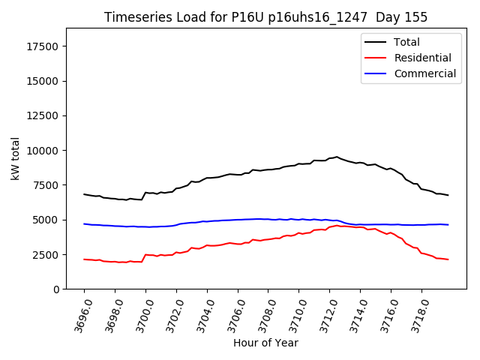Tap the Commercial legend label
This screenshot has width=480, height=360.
[x=424, y=73]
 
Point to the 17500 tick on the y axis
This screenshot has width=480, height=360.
[x=43, y=46]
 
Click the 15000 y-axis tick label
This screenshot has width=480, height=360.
[x=43, y=81]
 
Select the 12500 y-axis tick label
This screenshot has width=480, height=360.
[x=43, y=115]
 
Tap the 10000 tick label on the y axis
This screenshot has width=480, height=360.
[x=43, y=151]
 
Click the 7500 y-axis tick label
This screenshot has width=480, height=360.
[x=46, y=185]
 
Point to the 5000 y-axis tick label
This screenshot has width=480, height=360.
[x=46, y=220]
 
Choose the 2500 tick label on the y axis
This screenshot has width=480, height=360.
[x=46, y=254]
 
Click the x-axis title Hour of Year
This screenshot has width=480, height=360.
[x=265, y=343]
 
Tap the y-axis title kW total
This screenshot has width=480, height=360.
[x=15, y=158]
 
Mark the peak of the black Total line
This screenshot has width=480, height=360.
[x=337, y=157]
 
